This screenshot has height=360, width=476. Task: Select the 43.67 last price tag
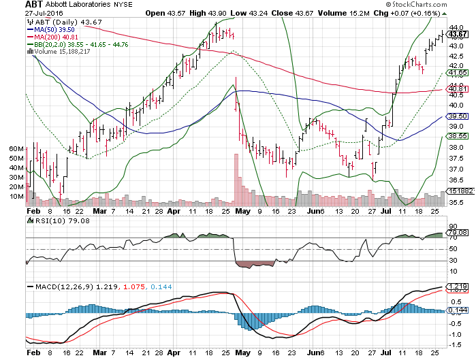point(458,34)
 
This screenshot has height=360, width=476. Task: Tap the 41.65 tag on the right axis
point(458,72)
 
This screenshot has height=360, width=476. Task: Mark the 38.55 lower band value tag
point(458,136)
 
